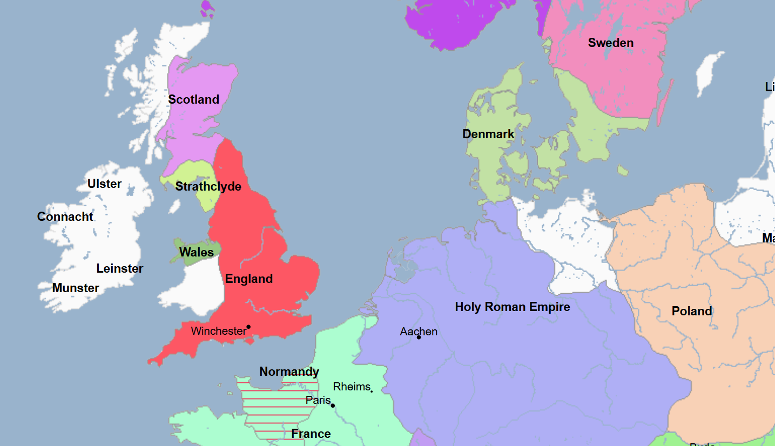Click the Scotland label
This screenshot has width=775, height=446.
pyautogui.click(x=193, y=99)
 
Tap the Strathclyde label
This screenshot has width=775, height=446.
pyautogui.click(x=208, y=187)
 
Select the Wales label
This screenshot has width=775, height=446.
pyautogui.click(x=196, y=252)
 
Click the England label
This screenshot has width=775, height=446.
pyautogui.click(x=249, y=279)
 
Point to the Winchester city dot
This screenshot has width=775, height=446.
pyautogui.click(x=248, y=327)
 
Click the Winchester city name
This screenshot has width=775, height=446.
pyautogui.click(x=218, y=331)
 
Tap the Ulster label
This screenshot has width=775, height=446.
pyautogui.click(x=104, y=184)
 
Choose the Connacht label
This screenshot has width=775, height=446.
pyautogui.click(x=65, y=217)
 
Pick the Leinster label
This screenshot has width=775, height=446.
pyautogui.click(x=120, y=269)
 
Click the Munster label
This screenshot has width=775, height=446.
pyautogui.click(x=76, y=288)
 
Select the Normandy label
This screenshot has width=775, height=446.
pyautogui.click(x=289, y=372)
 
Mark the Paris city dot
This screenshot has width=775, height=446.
pyautogui.click(x=333, y=406)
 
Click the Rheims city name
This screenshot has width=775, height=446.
pyautogui.click(x=352, y=387)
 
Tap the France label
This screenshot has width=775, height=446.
pyautogui.click(x=311, y=434)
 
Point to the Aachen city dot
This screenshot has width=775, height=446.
pyautogui.click(x=419, y=337)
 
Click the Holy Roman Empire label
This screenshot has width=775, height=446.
pyautogui.click(x=513, y=307)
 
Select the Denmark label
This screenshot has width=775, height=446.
pyautogui.click(x=488, y=134)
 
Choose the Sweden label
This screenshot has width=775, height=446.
pyautogui.click(x=611, y=43)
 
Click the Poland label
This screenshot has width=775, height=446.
pyautogui.click(x=692, y=312)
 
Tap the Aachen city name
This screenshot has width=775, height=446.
pyautogui.click(x=419, y=332)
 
